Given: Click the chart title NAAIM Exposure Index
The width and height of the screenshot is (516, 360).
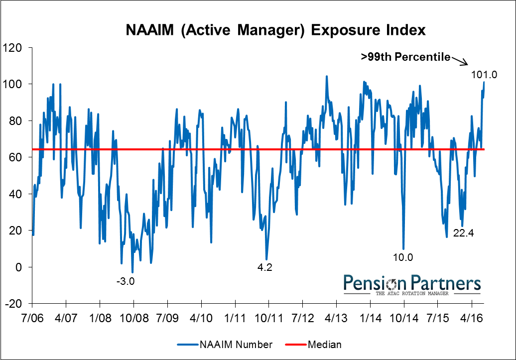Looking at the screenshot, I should [275, 30].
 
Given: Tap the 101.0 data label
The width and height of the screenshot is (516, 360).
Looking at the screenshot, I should [484, 75].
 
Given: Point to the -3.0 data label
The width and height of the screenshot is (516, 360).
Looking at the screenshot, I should [126, 281].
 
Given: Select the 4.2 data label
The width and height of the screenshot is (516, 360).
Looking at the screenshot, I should [264, 267].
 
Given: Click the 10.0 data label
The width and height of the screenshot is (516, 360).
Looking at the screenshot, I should [403, 257].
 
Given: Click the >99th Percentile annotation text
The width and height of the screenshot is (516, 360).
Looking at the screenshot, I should [405, 57].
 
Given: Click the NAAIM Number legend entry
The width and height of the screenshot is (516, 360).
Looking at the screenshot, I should [225, 344].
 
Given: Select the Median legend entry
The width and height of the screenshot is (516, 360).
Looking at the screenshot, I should [314, 344].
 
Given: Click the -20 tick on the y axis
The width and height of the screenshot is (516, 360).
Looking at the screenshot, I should [16, 304].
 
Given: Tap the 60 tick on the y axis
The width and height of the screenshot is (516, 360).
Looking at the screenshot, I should [18, 157].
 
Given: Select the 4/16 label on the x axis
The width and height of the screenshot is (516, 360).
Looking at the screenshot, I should [471, 316].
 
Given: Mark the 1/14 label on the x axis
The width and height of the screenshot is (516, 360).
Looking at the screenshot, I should [370, 316].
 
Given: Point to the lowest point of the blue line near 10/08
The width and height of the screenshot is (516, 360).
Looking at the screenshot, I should [132, 272].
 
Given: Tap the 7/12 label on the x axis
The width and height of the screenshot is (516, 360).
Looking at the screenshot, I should [302, 316].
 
